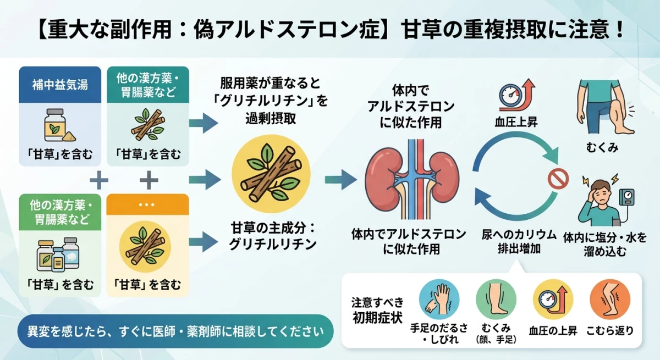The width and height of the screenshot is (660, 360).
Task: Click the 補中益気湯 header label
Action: (60, 86)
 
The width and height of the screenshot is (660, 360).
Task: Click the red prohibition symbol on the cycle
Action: (555, 179)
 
